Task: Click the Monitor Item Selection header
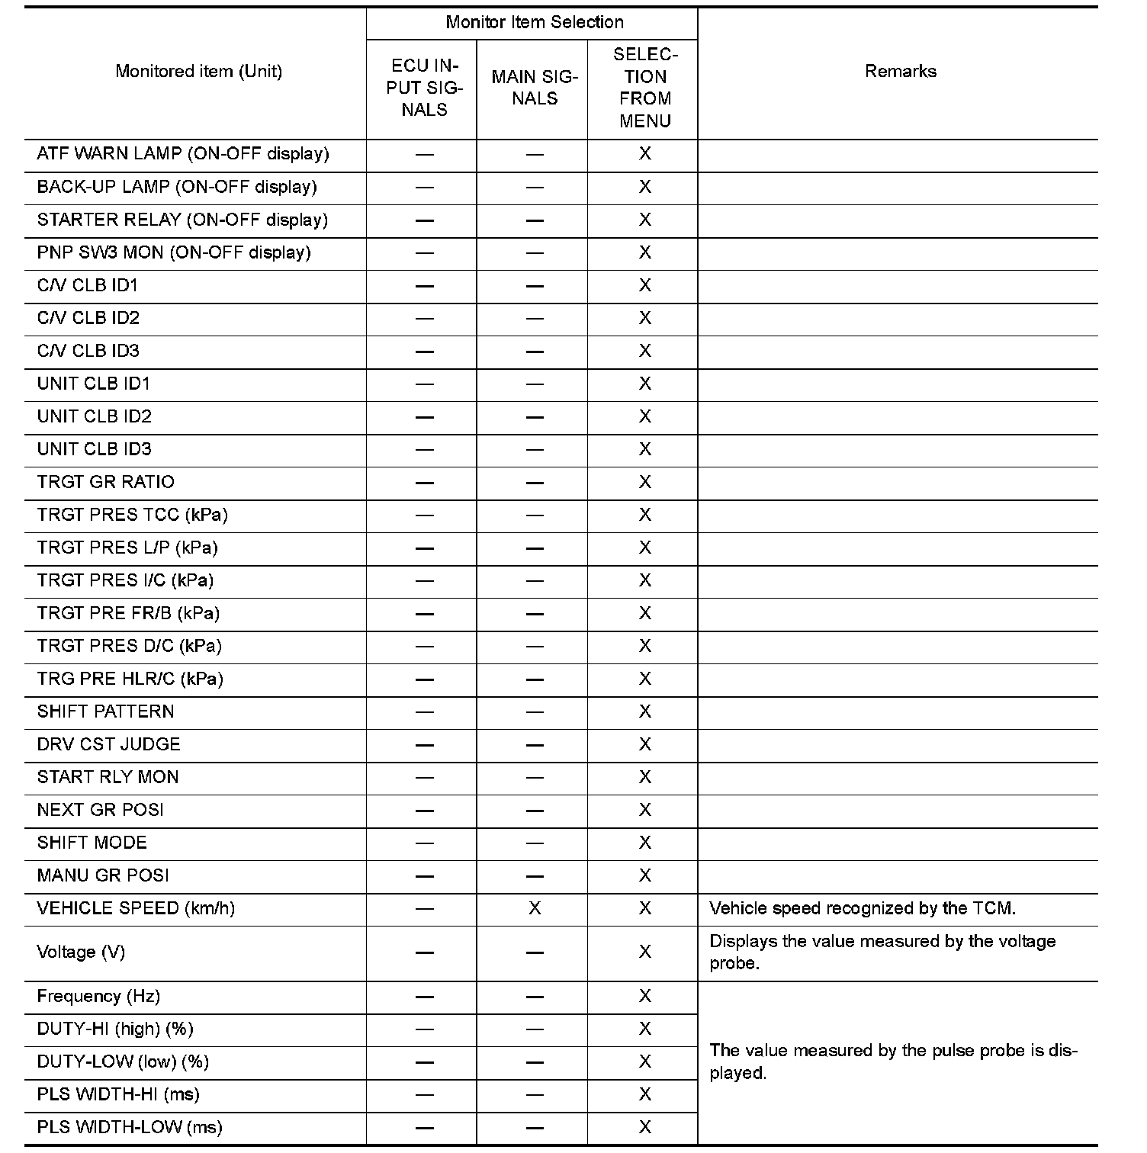534,22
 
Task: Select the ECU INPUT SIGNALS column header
424,88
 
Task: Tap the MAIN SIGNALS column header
535,88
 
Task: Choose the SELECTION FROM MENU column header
645,88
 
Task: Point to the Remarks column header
900,71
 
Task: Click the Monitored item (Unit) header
198,71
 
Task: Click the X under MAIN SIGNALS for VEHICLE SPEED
535,908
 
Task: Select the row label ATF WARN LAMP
183,154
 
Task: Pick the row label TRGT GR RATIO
105,482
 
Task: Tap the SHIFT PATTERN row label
105,711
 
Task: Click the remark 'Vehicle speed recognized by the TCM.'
862,908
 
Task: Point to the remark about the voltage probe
882,952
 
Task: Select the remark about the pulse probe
892,1061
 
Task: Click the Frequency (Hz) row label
98,996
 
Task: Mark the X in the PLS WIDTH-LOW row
645,1127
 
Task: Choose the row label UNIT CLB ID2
94,416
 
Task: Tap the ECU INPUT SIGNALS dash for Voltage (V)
424,952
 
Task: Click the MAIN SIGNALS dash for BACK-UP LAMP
535,188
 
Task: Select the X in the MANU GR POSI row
645,875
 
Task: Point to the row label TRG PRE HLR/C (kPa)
130,679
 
